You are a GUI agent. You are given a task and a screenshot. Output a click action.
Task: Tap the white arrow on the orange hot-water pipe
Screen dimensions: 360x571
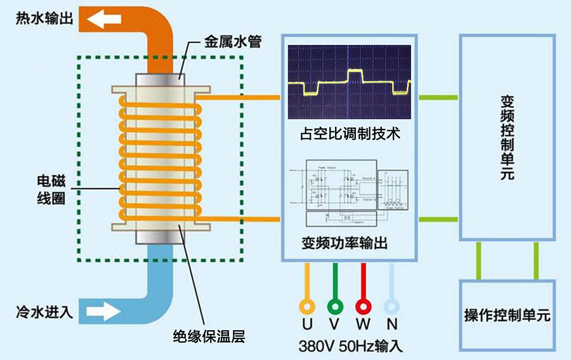tap(105, 19)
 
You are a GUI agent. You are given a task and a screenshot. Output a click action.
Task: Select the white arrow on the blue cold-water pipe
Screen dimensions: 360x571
tap(105, 312)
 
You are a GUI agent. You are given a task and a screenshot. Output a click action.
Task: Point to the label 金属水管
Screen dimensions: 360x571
tap(232, 43)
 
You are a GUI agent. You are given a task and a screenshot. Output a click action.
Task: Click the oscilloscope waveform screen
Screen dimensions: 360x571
tap(350, 83)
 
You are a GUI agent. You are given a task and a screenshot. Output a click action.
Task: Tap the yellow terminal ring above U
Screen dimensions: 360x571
tap(308, 305)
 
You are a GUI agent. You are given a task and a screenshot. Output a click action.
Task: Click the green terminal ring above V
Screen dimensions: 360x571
tap(334, 305)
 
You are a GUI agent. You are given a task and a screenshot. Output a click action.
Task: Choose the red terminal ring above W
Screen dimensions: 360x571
tap(363, 305)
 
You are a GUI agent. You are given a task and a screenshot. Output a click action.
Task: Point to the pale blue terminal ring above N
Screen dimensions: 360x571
tap(391, 305)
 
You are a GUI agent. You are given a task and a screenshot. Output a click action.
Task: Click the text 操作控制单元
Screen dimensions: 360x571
tap(507, 315)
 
